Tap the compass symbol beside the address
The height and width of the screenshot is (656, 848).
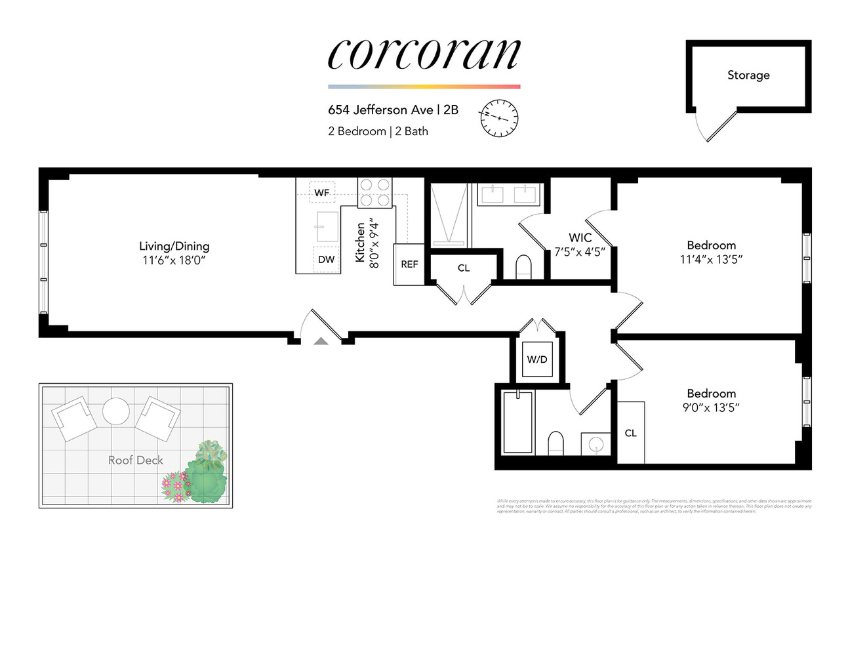[x=499, y=118]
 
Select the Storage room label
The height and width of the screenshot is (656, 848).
[x=748, y=75]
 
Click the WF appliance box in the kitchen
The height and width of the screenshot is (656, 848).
[x=322, y=192]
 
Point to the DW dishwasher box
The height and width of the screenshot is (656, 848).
[x=326, y=259]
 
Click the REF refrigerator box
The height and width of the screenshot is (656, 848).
[x=409, y=264]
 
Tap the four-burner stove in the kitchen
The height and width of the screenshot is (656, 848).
[x=374, y=193]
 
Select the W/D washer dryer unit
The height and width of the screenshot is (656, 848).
[x=537, y=359]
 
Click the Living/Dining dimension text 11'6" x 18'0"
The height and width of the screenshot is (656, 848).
[x=174, y=260]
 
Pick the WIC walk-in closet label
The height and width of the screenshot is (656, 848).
[x=580, y=237]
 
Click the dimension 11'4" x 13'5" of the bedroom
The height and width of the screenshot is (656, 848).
[x=711, y=259]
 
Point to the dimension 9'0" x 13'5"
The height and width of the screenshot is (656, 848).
[x=711, y=407]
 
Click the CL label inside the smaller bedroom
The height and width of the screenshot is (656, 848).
[x=631, y=433]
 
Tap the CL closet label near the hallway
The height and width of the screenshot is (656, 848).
[x=464, y=268]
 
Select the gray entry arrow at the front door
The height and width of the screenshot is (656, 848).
[x=321, y=341]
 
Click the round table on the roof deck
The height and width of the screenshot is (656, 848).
[x=116, y=411]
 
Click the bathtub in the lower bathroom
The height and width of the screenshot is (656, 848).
[x=517, y=422]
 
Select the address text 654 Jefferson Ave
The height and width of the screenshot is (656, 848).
[x=380, y=110]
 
